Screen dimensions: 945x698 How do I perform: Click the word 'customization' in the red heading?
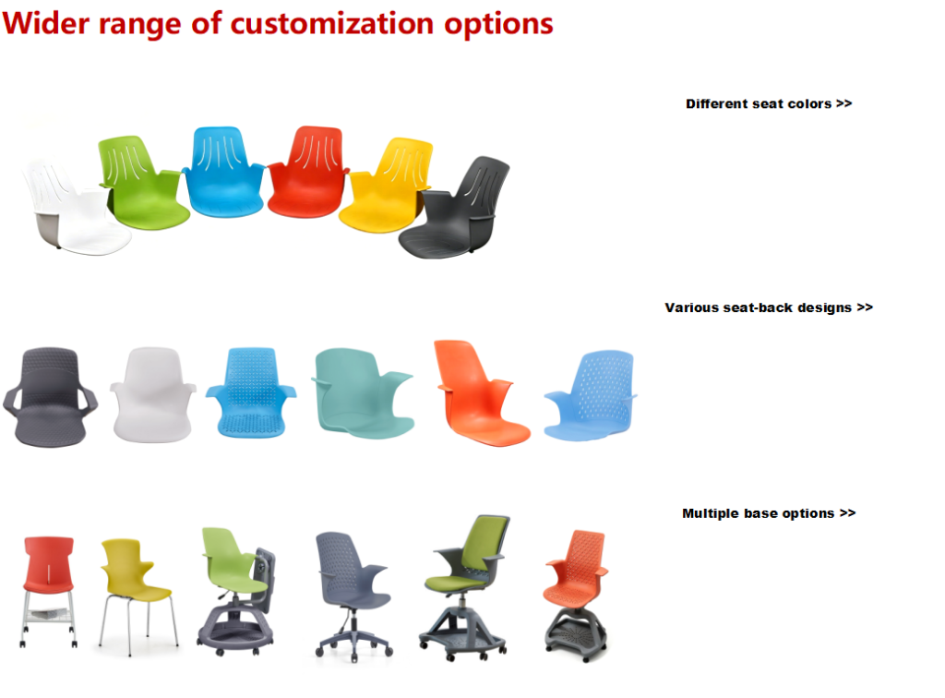(332, 23)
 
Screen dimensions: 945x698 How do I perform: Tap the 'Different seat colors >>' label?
(769, 103)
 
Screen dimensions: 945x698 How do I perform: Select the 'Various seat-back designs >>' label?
(769, 307)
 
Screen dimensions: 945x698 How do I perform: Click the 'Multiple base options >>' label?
(769, 513)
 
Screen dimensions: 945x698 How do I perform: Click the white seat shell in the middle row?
(153, 394)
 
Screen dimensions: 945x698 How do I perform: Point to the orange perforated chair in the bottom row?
(576, 596)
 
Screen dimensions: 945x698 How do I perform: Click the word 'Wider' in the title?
(46, 23)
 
